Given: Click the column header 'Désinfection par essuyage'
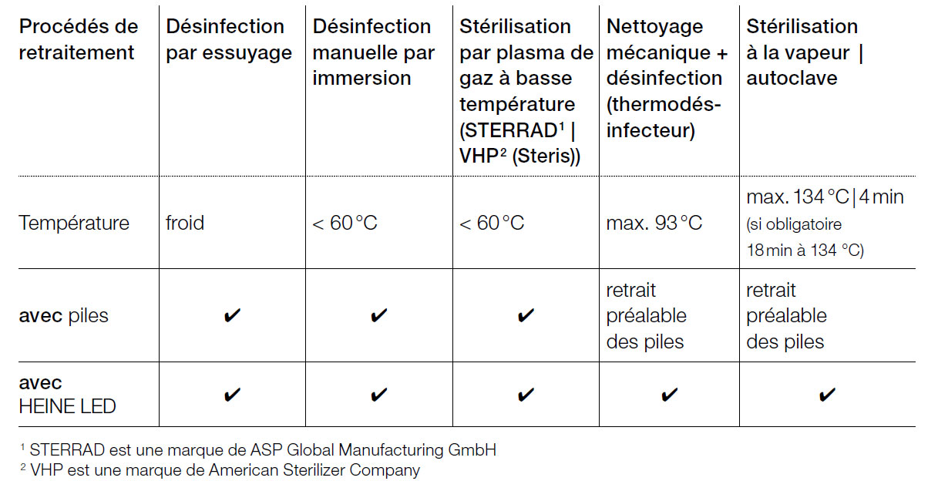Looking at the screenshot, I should coord(229,39).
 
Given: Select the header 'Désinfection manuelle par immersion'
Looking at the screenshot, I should coord(373,52).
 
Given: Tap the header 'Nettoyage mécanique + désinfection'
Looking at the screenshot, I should coord(664,78).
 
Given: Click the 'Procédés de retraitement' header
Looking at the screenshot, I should coord(78,39).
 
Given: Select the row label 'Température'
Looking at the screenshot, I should coord(74,224).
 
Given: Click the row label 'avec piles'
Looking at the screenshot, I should coord(63,316).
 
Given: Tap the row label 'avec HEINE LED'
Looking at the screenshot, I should coord(67,395).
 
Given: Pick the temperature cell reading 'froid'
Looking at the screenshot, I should coord(185,224).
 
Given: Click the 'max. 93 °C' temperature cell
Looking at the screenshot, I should coord(654,224).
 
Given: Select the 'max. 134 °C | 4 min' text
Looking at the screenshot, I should coord(825,197).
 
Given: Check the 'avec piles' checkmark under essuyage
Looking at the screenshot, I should coord(232,316).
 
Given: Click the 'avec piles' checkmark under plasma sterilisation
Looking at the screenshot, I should coord(526,316).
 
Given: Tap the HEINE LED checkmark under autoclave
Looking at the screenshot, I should coord(826,395).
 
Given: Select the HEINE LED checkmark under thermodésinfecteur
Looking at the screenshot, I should coord(669,395).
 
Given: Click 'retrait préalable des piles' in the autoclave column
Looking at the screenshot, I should coord(785,316).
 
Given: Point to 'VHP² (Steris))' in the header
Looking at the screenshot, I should coord(519,156).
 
